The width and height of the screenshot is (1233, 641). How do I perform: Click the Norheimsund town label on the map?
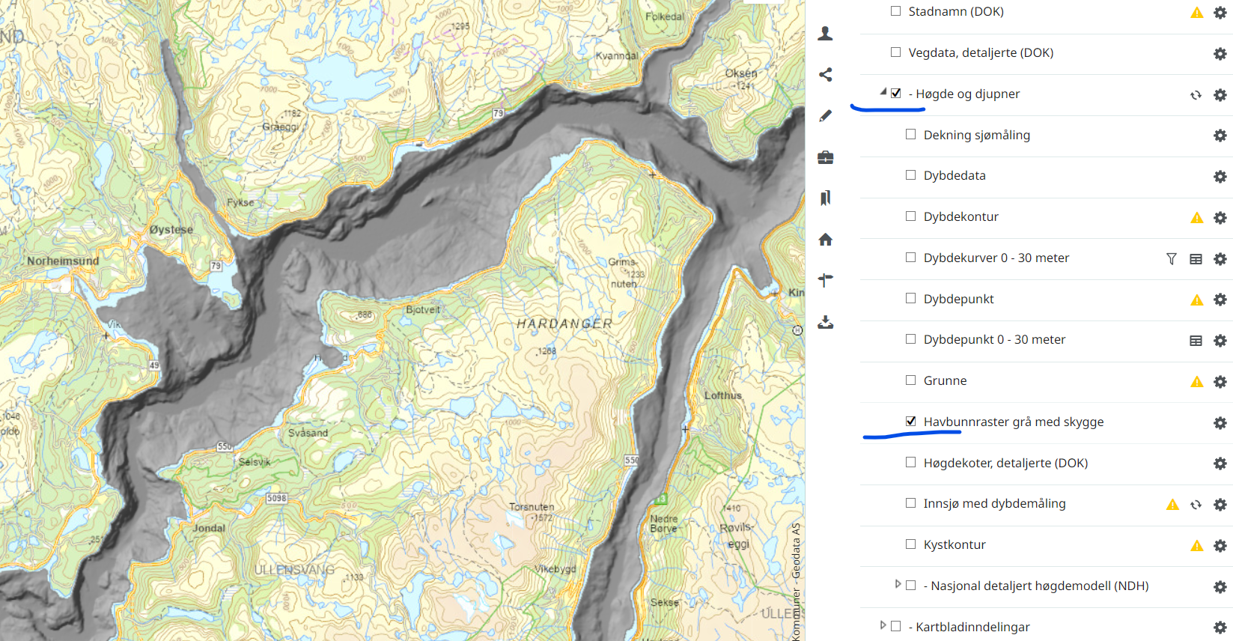pos(63,261)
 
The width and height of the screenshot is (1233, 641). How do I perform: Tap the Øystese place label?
pos(171,230)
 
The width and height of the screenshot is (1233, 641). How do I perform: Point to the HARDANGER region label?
pos(564,323)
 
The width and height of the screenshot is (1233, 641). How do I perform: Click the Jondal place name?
pos(209,528)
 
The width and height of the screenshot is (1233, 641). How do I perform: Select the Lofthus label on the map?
pos(722,395)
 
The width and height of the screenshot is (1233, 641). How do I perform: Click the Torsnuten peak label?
pos(532,507)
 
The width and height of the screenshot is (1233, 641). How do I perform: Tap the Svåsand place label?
pos(308,433)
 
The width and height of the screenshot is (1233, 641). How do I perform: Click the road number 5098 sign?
pos(276,498)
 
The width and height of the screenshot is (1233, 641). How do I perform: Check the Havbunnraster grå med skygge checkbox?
pos(910,422)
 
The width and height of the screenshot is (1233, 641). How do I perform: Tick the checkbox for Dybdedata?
pos(910,175)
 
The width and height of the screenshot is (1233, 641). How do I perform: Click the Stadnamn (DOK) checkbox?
pos(895,11)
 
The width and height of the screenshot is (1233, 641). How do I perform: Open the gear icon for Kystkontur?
pos(1220,546)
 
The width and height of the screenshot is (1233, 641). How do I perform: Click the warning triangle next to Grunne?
pos(1196,382)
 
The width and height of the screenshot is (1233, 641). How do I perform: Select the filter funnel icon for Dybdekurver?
pos(1172,259)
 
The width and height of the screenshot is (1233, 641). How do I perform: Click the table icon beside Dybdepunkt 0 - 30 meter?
pos(1196,341)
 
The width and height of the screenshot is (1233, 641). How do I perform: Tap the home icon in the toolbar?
pos(825,240)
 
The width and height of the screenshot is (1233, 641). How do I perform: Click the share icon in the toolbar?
pos(825,75)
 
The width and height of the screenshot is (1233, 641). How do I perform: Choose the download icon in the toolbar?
pos(825,322)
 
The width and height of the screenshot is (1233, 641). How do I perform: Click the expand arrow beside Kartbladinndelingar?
pos(883,625)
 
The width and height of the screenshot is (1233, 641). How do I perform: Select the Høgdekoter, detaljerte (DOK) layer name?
pos(1005,463)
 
